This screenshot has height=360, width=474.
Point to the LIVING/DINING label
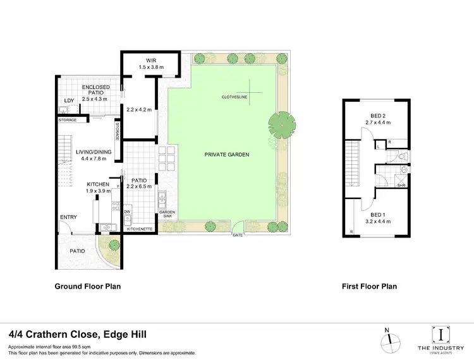pyautogui.click(x=94, y=152)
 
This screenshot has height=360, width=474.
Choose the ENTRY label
pyautogui.click(x=68, y=217)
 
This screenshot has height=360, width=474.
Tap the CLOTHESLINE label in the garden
pyautogui.click(x=234, y=97)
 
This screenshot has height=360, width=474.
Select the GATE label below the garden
pyautogui.click(x=238, y=234)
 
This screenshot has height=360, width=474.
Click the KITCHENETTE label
pyautogui.click(x=140, y=229)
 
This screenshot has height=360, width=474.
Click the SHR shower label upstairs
pyautogui.click(x=401, y=186)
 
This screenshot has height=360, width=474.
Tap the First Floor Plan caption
pyautogui.click(x=369, y=286)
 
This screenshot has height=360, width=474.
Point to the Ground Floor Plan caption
pyautogui.click(x=87, y=286)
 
